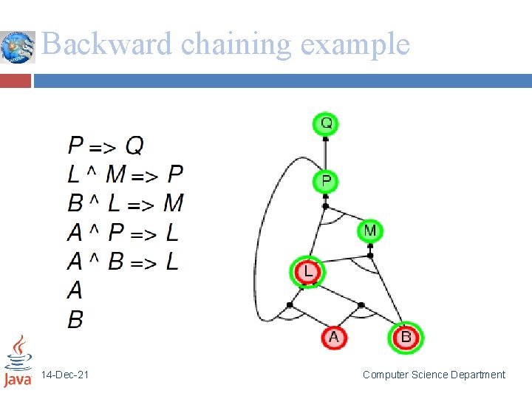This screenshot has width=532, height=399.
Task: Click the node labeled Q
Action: [325, 123]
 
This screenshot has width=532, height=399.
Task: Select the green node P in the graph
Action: [325, 181]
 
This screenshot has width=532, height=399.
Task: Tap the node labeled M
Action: [370, 231]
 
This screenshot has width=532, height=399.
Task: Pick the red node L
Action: [307, 272]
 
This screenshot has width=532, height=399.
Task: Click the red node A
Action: [333, 338]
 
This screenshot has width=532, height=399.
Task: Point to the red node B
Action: [406, 338]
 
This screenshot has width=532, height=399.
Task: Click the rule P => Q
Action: [106, 145]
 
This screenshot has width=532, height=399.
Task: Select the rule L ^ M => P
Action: [125, 174]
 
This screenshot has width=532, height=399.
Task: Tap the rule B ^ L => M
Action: [125, 203]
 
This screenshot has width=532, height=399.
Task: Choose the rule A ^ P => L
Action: [123, 233]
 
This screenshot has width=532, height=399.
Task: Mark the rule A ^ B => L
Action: [123, 262]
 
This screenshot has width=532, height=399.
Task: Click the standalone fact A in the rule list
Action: [75, 290]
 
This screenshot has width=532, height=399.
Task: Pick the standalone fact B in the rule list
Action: [75, 319]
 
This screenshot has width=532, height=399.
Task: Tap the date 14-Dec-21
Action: [65, 375]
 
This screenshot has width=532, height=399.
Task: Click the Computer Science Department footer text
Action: [434, 375]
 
